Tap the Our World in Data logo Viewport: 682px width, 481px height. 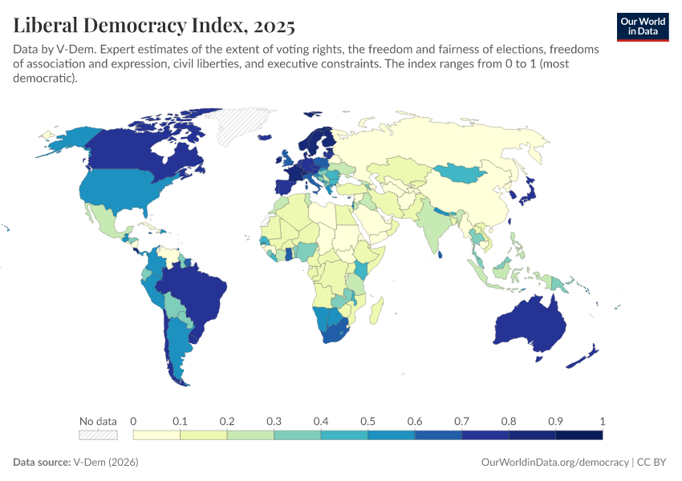click(x=642, y=26)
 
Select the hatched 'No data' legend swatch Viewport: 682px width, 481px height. click(x=98, y=435)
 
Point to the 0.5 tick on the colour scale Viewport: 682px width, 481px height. click(x=367, y=422)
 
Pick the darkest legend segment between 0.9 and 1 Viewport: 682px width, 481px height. click(x=578, y=435)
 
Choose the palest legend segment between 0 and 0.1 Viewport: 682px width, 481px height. click(x=156, y=435)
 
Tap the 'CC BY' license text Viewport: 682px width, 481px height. click(x=653, y=463)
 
